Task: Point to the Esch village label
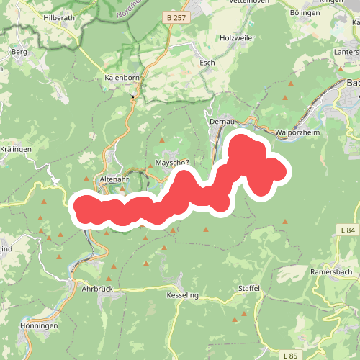[x=207, y=63]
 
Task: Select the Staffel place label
[x=248, y=288]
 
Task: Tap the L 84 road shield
[x=347, y=230]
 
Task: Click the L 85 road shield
[x=289, y=356]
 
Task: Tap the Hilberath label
[x=59, y=17]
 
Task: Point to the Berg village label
[x=19, y=53]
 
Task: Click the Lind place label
[x=6, y=248]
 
